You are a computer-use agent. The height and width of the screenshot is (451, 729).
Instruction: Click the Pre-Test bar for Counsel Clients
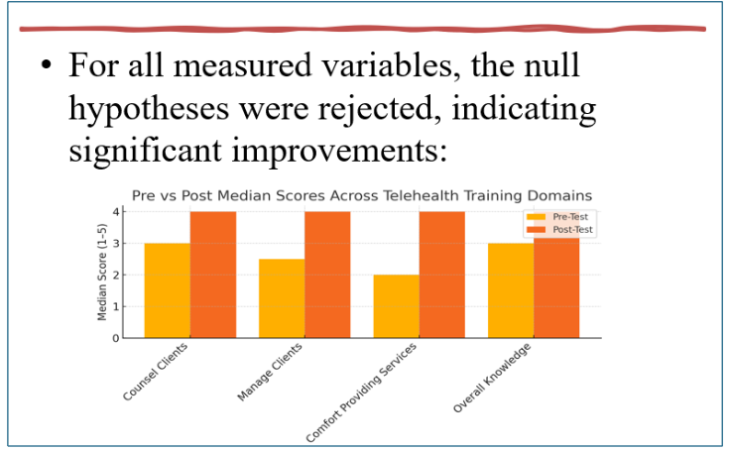coord(167,290)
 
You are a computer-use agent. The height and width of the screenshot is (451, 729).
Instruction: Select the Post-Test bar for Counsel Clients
coord(212,275)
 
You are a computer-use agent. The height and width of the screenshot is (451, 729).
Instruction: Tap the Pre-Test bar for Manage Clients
coord(281,298)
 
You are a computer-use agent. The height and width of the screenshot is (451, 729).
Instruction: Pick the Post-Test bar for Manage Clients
coord(326,275)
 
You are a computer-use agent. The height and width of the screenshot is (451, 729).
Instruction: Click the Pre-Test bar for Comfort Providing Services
coord(396,306)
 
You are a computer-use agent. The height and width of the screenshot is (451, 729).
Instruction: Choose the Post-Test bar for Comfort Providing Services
coord(441,275)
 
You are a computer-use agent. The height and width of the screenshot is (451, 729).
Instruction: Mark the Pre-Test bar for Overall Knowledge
coord(510,290)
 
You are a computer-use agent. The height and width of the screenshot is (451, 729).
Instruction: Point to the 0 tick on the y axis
coord(115,338)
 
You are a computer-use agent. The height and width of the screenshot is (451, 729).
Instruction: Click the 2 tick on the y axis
coord(115,275)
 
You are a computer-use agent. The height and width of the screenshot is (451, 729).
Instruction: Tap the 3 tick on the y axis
coord(115,243)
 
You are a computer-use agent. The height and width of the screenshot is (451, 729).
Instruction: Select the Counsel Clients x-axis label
coord(155,373)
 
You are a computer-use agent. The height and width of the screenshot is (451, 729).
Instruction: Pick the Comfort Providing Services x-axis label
coord(363,392)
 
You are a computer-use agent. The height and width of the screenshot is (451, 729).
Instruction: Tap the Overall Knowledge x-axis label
coord(493,378)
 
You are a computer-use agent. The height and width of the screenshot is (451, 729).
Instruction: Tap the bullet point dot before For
coord(46,66)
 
